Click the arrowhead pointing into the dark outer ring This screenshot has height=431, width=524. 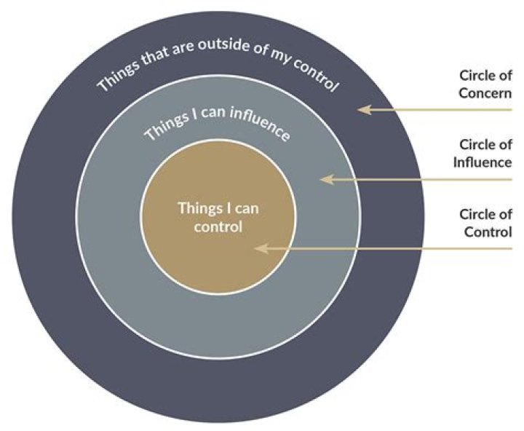pos(362,110)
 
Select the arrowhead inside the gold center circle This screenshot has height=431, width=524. pos(259,248)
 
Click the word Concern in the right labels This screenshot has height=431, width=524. pos(486,93)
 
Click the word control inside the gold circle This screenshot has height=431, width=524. pos(218,226)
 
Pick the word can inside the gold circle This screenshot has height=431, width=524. pos(245,208)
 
